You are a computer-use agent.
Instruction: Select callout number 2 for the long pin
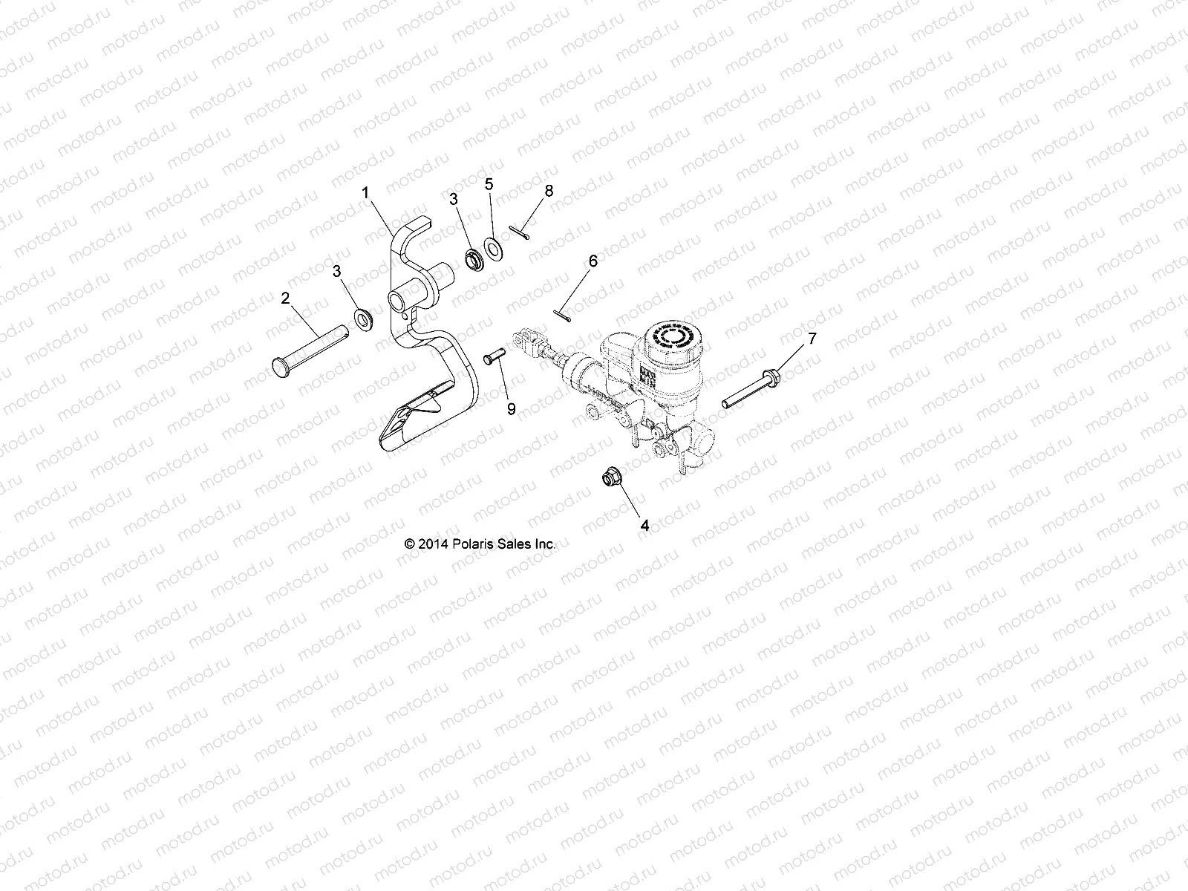point(284,298)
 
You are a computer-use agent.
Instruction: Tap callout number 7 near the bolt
point(812,339)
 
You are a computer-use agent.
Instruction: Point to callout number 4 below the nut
point(644,525)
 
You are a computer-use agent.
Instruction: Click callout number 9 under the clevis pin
point(511,408)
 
